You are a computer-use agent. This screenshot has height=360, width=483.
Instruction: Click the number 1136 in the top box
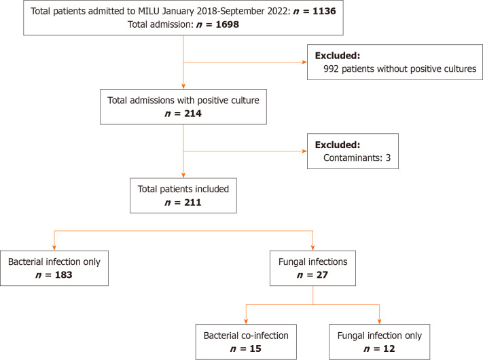coord(324,11)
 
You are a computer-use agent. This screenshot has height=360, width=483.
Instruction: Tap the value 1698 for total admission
coord(228,24)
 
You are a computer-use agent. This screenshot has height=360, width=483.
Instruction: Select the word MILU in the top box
coord(149,11)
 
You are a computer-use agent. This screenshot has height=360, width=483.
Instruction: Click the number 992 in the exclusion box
coord(331,69)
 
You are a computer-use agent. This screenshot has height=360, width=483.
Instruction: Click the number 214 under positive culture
coord(193,113)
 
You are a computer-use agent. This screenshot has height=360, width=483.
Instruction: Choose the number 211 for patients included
coord(193,202)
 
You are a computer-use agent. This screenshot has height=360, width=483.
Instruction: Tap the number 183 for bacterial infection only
coord(63,274)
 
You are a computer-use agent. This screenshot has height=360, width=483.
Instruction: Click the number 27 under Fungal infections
coord(322,274)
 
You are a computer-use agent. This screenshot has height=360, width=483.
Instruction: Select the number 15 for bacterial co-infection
coord(255,348)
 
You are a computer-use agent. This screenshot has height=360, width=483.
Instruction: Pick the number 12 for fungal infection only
coord(389,348)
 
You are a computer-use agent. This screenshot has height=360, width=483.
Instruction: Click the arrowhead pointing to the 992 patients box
coord(304,62)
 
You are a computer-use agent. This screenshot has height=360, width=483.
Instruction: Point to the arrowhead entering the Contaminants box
coord(304,151)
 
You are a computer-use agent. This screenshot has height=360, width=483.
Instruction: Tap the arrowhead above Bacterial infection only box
coord(54,248)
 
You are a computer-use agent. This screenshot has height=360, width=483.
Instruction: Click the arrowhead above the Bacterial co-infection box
coord(246,322)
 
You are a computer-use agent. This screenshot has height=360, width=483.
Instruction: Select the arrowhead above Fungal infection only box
coord(379,322)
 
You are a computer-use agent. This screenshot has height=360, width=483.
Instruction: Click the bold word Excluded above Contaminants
coord(338,145)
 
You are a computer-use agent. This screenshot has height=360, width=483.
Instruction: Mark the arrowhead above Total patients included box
coord(183,175)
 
